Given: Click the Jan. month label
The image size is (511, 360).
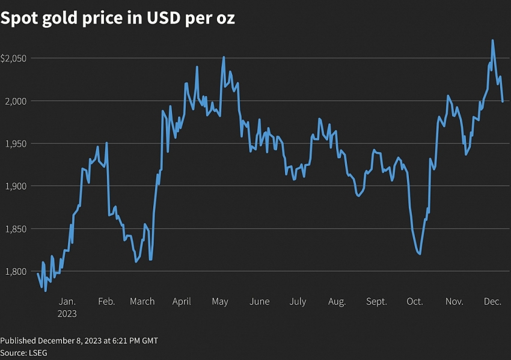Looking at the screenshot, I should pos(67,302).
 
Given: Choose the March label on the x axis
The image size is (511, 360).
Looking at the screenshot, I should pos(142,302).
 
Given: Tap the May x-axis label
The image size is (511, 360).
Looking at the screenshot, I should pos(220,302).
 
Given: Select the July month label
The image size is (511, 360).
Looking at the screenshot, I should pos(298,302).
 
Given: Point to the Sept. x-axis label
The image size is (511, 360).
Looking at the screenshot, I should pos(376,302).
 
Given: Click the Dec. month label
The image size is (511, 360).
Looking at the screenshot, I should pos(492,302).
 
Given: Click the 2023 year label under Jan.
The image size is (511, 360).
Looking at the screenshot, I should pos(67,314).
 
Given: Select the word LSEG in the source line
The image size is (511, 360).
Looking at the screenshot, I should pos(37,353).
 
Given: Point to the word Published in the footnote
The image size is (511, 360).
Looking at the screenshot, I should pos(20,341).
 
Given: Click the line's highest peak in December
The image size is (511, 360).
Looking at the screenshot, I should pos(493,40).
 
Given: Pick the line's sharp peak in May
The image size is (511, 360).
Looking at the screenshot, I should pos(224,58).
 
